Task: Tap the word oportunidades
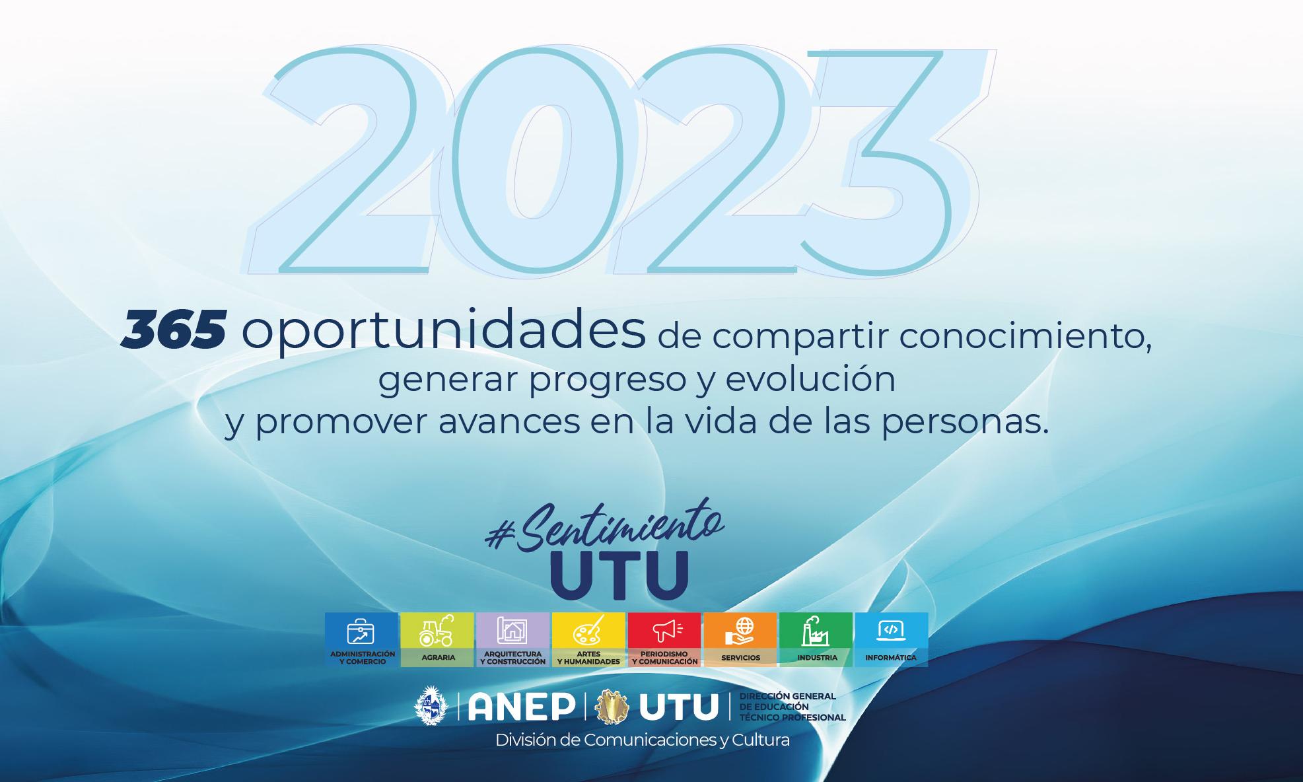pos(443,331)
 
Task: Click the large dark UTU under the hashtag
pos(619,575)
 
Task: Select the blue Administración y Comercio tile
pos(362,639)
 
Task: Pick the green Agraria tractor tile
pos(437,639)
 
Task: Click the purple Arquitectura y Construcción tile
pos(513,639)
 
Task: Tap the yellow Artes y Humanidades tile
pos(588,639)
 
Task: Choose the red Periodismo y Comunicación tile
pos(664,639)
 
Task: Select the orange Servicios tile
pos(740,639)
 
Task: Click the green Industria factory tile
pos(816,639)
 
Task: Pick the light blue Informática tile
pos(892,639)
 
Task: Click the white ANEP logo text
pos(521,707)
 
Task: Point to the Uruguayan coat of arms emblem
pos(431,706)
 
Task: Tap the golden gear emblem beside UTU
pos(612,707)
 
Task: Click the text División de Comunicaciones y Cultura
pos(643,740)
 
